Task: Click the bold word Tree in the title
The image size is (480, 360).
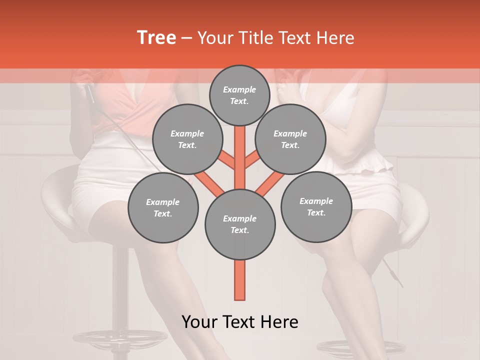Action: click(156, 37)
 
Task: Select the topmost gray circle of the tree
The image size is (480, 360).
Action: click(239, 95)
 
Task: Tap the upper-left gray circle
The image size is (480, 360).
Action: click(187, 139)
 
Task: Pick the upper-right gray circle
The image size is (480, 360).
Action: click(290, 139)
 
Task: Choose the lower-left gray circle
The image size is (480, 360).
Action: click(162, 208)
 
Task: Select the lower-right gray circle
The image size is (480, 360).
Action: click(316, 207)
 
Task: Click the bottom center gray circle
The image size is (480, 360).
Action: click(239, 224)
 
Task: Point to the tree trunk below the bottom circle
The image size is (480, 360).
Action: click(239, 280)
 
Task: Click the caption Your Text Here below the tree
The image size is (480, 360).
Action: click(239, 322)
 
